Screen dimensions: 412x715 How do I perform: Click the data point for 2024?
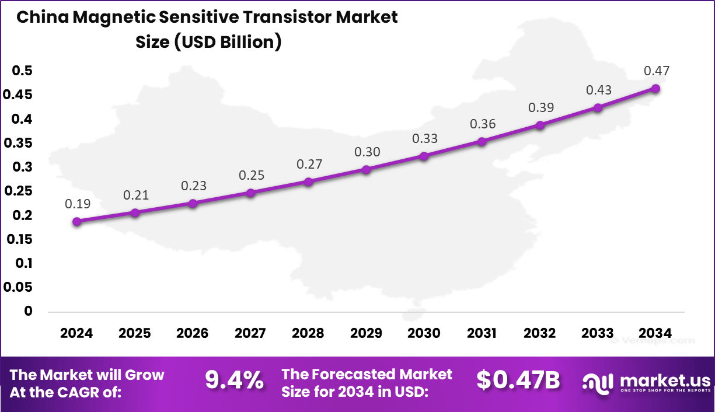pyautogui.click(x=76, y=222)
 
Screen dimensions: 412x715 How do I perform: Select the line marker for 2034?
pyautogui.click(x=655, y=89)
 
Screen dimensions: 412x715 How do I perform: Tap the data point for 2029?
pyautogui.click(x=366, y=170)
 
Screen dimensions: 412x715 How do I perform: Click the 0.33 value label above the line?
pyautogui.click(x=424, y=139)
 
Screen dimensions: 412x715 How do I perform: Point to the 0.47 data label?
pyautogui.click(x=656, y=71)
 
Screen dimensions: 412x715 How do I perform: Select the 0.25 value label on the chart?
pyautogui.click(x=251, y=175)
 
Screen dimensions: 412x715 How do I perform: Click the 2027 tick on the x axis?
pyautogui.click(x=250, y=333)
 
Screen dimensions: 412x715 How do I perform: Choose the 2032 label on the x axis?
pyautogui.click(x=540, y=333)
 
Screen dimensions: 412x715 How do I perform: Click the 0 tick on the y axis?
pyautogui.click(x=27, y=312)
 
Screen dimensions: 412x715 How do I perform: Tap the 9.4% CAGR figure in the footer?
pyautogui.click(x=234, y=382)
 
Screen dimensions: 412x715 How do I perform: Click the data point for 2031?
pyautogui.click(x=482, y=142)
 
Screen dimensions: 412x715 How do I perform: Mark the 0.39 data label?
pyautogui.click(x=540, y=108)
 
